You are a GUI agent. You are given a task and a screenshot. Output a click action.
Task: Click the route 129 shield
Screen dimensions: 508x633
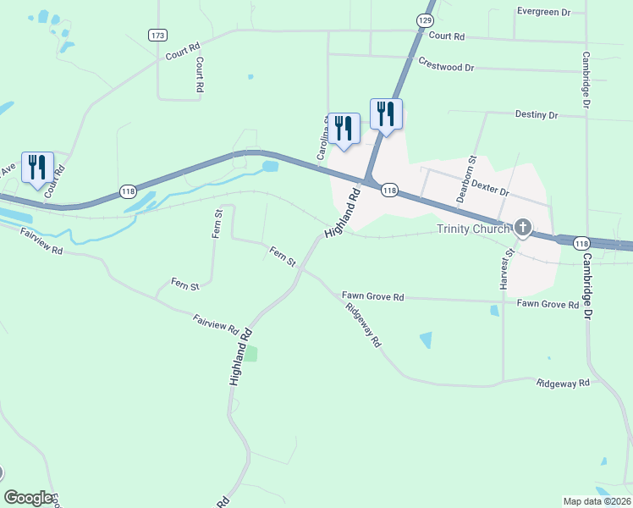click(x=425, y=19)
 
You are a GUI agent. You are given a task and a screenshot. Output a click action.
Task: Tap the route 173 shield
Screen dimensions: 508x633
click(x=157, y=35)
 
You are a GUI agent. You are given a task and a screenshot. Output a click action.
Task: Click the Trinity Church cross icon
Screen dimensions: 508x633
click(x=523, y=227)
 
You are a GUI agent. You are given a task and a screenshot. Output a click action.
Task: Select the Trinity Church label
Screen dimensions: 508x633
click(x=473, y=229)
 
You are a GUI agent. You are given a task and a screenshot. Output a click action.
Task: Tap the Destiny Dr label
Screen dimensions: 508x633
click(x=537, y=114)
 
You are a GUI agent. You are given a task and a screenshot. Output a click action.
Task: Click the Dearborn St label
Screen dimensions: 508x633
click(x=462, y=178)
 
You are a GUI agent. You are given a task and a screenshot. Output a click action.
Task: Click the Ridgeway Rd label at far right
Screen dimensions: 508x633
click(x=562, y=384)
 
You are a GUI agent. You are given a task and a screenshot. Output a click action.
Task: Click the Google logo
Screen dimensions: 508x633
click(x=28, y=498)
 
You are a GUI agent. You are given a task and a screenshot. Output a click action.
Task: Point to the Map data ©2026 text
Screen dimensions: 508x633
click(x=597, y=500)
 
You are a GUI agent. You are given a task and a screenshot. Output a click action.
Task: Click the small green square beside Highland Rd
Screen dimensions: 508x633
click(x=250, y=353)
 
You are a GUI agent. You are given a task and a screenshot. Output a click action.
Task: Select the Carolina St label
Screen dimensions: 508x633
click(x=322, y=139)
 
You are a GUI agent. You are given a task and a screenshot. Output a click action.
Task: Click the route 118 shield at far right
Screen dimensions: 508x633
click(x=581, y=244)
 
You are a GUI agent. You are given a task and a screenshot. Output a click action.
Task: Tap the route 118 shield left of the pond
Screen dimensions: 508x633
click(x=127, y=191)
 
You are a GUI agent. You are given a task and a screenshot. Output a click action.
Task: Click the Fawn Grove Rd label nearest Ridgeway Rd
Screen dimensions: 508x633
click(x=373, y=296)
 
